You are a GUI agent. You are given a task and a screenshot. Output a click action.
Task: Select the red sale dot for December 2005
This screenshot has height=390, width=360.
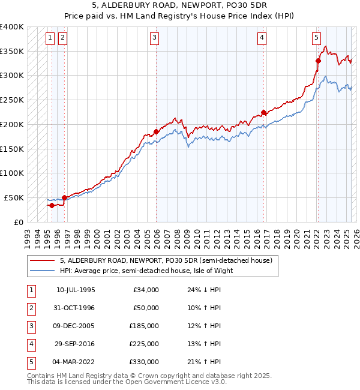tap(156, 131)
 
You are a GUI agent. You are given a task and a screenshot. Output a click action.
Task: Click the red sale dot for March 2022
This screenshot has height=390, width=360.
tap(318, 61)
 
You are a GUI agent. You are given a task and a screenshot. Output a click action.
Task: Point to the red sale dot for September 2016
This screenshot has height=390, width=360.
tap(263, 112)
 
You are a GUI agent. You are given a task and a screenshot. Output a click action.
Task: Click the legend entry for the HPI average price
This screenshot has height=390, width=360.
tap(146, 270)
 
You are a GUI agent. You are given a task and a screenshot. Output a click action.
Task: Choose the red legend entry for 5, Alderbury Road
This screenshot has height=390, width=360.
tap(166, 260)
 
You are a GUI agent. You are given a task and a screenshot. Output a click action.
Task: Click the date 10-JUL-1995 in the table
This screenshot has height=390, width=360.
tap(76, 289)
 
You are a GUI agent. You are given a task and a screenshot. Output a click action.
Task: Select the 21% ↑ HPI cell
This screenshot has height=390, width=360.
tap(204, 362)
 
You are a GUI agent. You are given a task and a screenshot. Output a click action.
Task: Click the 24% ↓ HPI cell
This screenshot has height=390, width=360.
tap(204, 289)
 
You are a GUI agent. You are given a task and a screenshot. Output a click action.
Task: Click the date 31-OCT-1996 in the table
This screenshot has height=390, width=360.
tap(76, 308)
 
